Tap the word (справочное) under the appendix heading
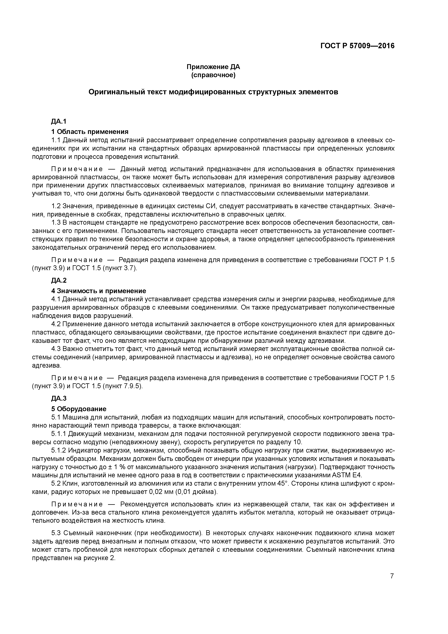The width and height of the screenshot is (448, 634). point(213,75)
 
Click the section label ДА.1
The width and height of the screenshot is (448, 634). point(59,121)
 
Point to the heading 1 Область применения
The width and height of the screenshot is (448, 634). point(90,132)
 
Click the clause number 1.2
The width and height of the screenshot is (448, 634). point(56,206)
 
